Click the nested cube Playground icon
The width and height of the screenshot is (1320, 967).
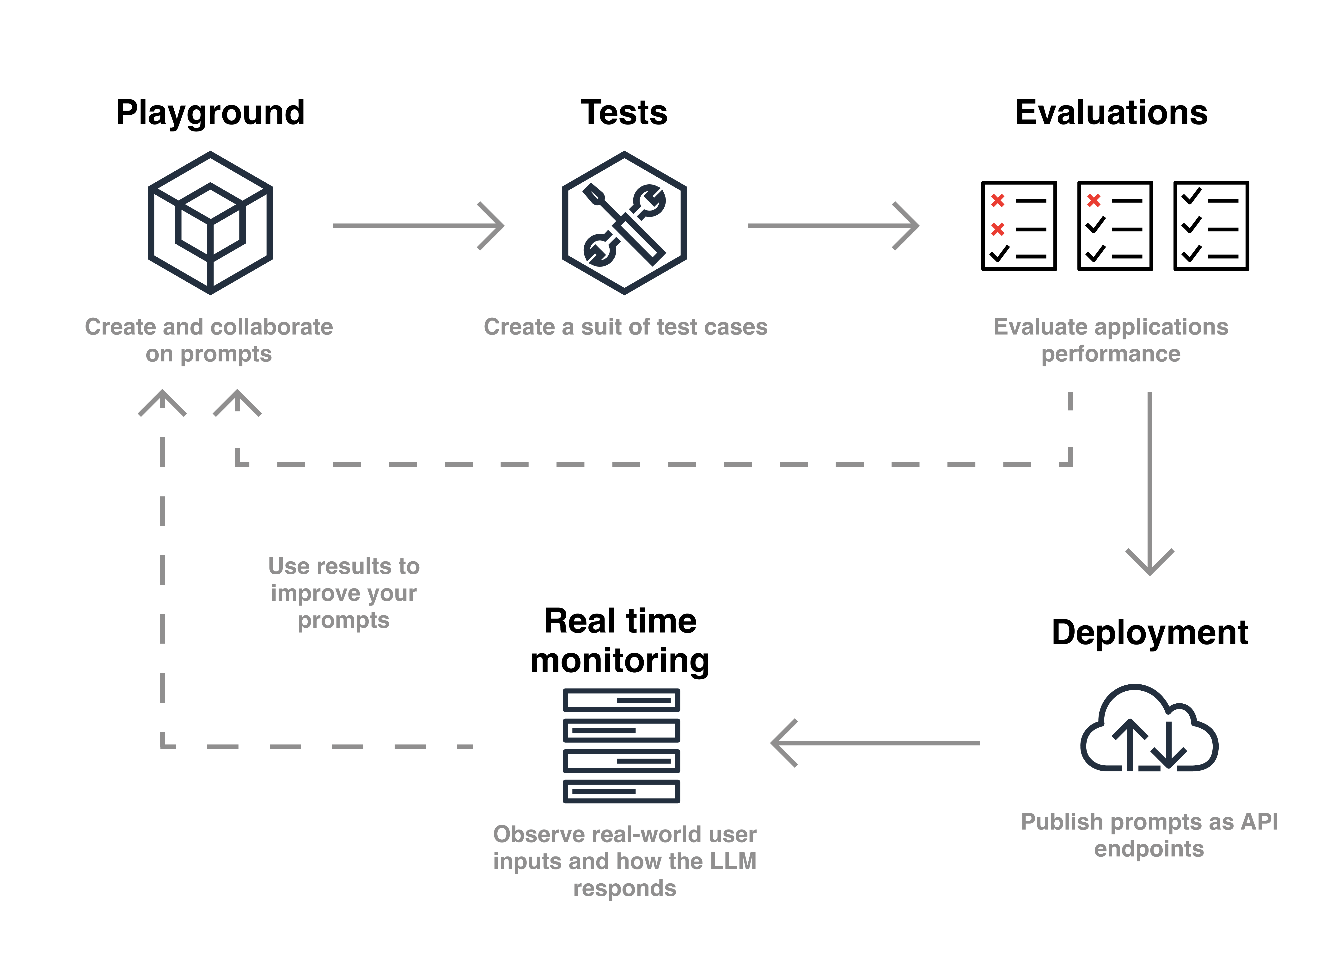coord(210,223)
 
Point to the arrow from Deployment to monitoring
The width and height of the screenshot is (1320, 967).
coord(875,743)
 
